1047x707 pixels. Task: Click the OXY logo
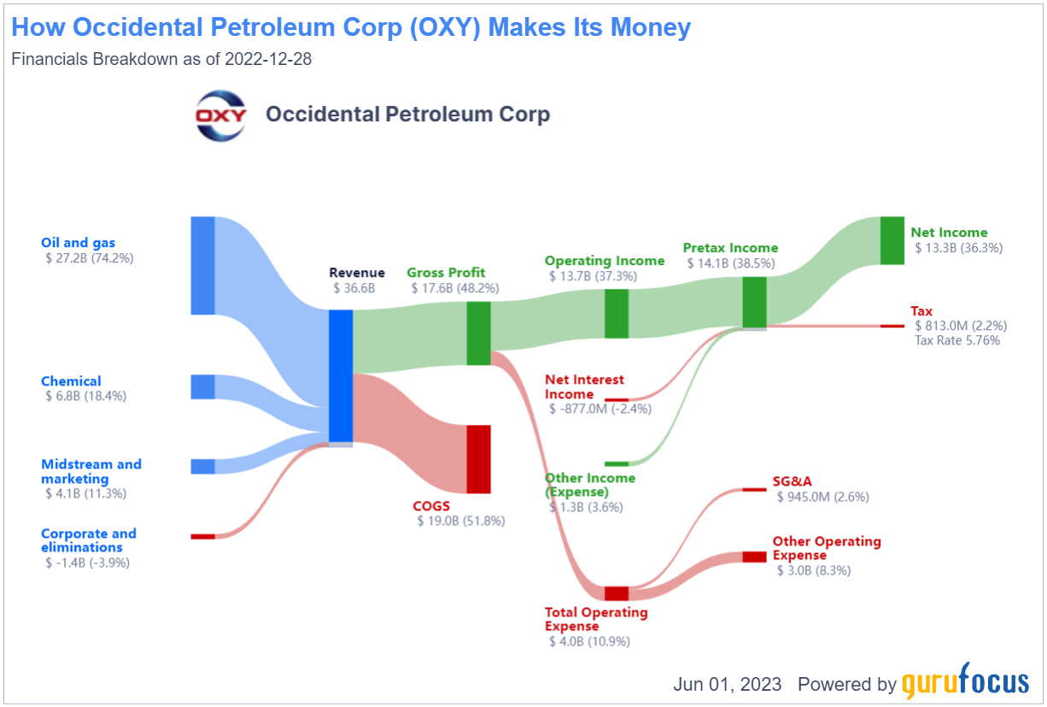[220, 115]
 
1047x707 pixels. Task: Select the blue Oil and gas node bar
[203, 265]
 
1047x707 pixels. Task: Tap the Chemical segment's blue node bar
[203, 387]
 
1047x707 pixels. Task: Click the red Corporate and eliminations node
[203, 537]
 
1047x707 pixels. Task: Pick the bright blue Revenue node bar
[341, 376]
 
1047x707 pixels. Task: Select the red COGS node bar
[478, 459]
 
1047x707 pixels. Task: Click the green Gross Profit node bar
[478, 333]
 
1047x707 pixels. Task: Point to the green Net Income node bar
[892, 240]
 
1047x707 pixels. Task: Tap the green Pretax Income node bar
[754, 303]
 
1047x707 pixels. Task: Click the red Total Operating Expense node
[617, 593]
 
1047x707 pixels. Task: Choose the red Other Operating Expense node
[754, 557]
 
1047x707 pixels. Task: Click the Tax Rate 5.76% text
[957, 340]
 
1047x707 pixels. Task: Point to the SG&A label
[793, 481]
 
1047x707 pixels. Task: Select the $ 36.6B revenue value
[354, 288]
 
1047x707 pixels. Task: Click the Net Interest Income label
[584, 386]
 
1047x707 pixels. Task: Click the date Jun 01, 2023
[728, 684]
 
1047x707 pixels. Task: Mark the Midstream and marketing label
[91, 471]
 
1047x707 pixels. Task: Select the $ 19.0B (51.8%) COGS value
[461, 521]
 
